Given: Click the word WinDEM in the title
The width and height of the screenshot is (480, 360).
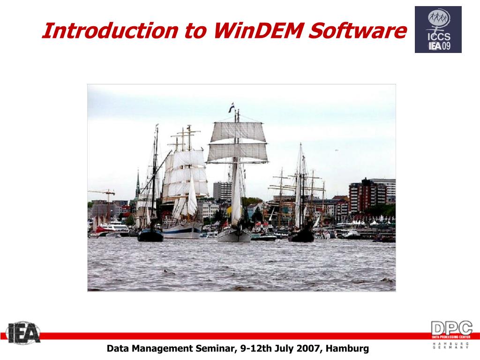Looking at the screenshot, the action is (259, 30).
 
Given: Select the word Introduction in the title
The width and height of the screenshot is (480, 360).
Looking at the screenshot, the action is (110, 30).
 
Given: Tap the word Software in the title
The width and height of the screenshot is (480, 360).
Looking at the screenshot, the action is (358, 30).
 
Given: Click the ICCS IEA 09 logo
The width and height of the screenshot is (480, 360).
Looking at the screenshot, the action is (438, 30).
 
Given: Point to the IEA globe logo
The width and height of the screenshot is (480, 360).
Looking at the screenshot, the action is (23, 333).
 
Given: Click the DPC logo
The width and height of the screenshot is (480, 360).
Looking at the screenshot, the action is (451, 334).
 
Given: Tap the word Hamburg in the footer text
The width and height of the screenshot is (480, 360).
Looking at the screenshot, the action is (347, 349).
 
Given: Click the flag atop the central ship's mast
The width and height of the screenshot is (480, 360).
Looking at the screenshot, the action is (232, 108).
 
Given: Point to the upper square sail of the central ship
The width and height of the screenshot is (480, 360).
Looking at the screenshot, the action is (238, 132).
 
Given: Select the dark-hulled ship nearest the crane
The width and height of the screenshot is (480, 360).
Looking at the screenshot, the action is (150, 234).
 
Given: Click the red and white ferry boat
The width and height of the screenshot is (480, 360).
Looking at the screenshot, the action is (112, 229).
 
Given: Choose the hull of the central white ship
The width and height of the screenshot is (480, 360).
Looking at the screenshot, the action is (234, 235).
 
